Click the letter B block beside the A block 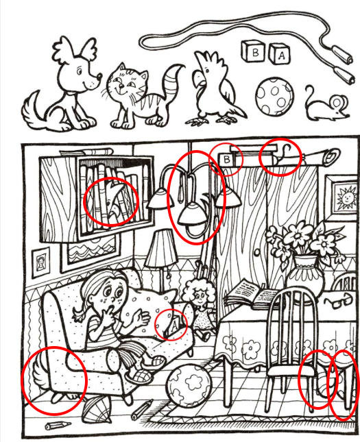(x=253, y=51)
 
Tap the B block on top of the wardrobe (x=226, y=160)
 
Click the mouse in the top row (x=326, y=103)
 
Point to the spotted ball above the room (x=274, y=96)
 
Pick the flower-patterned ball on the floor (x=189, y=386)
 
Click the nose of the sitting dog (x=99, y=75)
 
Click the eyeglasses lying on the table (x=338, y=301)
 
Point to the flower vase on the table (x=304, y=275)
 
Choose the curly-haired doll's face (x=201, y=297)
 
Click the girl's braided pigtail (x=80, y=314)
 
